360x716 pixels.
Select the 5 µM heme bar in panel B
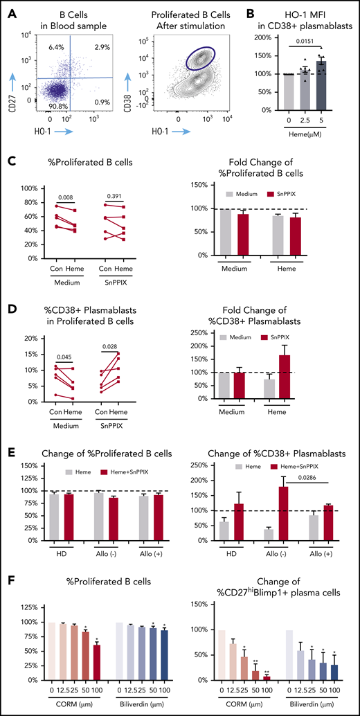pyautogui.click(x=321, y=85)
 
